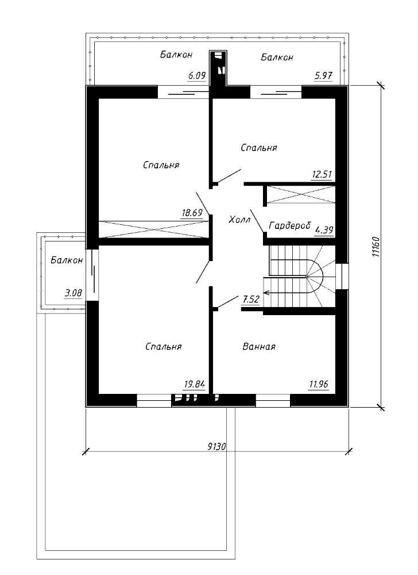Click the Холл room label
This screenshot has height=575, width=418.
pos(240,220)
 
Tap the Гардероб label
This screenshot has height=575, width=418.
pos(289,225)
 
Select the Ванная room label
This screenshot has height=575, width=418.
pos(259,347)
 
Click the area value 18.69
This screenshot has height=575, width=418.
pos(192,213)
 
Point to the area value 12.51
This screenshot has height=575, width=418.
pos(322,174)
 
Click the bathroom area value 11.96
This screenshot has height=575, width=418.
pos(319,384)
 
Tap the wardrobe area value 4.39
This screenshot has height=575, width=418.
pos(324,231)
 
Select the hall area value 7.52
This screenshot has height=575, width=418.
pos(251,299)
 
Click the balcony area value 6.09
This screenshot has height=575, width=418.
pos(197,76)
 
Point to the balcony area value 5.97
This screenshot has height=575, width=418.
pos(323,76)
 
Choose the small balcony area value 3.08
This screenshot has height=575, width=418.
pos(73,293)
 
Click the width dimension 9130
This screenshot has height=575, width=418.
pos(217,446)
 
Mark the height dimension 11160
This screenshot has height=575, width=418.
pos(376,247)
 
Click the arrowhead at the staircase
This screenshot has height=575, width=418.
pos(266,293)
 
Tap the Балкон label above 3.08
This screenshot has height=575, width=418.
pos(67,260)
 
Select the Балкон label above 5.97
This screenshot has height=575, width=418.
pos(277,57)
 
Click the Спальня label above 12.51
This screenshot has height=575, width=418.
pos(259,147)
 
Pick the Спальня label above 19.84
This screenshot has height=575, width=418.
pos(163,347)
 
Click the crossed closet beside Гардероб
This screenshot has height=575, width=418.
pos(301,194)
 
